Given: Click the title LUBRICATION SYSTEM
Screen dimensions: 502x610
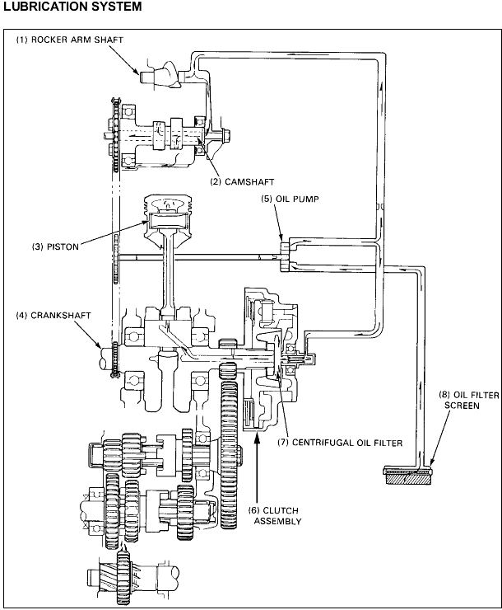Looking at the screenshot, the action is tap(72, 7).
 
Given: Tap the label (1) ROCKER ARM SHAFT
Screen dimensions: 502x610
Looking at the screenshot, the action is tap(69, 40).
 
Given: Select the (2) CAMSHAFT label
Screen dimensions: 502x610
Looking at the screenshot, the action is tap(242, 181).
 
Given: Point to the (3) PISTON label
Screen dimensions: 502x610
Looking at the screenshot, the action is tap(55, 246).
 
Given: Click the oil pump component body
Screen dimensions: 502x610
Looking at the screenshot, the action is tap(285, 256).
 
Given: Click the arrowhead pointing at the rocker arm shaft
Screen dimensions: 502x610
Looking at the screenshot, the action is tap(136, 70).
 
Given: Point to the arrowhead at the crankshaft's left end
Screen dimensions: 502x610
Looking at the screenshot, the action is tap(99, 345).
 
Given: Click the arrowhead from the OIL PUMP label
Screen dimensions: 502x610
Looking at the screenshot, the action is tap(281, 238).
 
